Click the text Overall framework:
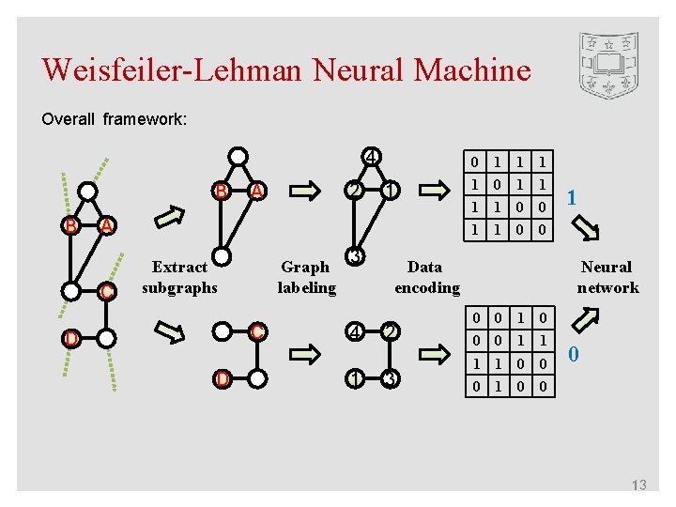pyautogui.click(x=115, y=119)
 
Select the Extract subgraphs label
pyautogui.click(x=179, y=277)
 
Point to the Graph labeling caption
pyautogui.click(x=306, y=277)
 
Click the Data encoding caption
pyautogui.click(x=426, y=277)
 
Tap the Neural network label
pyautogui.click(x=607, y=277)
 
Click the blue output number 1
pyautogui.click(x=573, y=199)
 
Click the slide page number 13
pyautogui.click(x=638, y=484)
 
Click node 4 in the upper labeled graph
pyautogui.click(x=372, y=156)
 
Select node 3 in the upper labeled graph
pyautogui.click(x=354, y=256)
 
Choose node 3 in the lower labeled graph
pyautogui.click(x=391, y=379)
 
